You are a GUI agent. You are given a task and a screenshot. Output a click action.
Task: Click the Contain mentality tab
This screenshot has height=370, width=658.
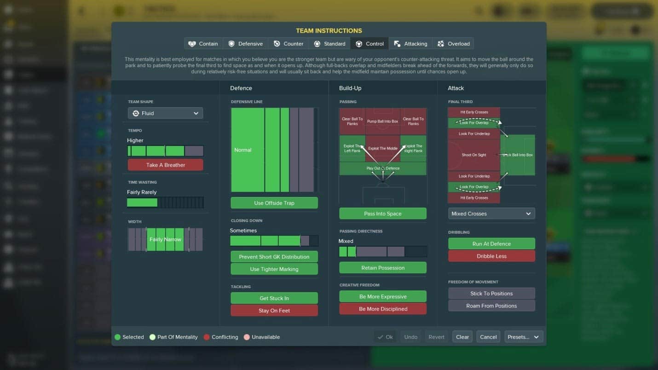[x=203, y=44]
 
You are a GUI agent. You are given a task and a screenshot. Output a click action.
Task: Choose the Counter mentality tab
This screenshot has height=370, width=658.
[x=289, y=44]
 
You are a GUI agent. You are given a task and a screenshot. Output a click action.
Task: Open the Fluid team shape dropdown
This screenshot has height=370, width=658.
[x=165, y=113]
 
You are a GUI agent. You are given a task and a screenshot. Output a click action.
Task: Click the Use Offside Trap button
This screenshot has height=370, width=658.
[x=274, y=203]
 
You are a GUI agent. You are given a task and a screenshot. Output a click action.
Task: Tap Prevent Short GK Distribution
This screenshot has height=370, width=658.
[x=274, y=257]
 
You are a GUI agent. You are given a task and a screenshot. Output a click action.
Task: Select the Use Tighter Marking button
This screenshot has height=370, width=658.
[x=274, y=269]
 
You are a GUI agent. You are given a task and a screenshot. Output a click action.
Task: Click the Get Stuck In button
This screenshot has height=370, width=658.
[x=274, y=298]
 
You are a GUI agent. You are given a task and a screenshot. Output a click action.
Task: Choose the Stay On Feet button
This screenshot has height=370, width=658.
[x=274, y=311]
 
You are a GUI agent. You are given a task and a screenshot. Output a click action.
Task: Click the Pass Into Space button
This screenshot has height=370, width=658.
[x=383, y=214]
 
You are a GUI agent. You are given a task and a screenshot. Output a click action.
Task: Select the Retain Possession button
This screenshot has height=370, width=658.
[x=383, y=268]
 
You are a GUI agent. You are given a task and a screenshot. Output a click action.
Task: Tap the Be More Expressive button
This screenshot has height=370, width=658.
[x=383, y=297]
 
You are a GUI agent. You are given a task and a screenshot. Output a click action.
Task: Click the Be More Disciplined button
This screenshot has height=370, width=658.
[x=383, y=309]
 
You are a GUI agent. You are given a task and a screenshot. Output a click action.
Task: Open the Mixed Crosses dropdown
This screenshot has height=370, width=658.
[x=491, y=214]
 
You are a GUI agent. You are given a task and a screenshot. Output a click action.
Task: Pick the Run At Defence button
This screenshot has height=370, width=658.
[x=491, y=244]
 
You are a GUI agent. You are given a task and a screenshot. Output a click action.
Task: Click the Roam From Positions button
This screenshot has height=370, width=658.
[x=491, y=306]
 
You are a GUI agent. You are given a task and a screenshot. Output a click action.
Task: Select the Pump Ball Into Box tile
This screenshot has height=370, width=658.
[x=383, y=121]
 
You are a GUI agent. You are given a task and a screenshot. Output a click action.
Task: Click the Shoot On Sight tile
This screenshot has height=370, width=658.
[x=474, y=155]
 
